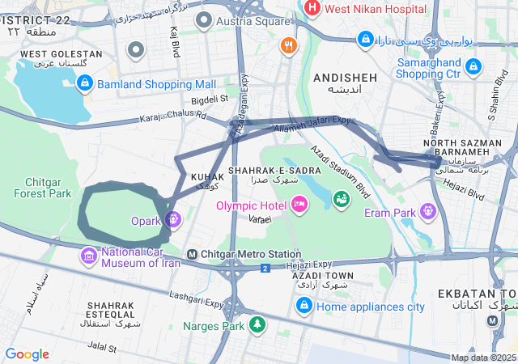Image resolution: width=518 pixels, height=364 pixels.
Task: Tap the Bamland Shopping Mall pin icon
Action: (x=85, y=83)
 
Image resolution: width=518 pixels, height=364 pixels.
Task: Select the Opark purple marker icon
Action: (x=173, y=219)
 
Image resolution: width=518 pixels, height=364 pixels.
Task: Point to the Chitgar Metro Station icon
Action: (x=193, y=254)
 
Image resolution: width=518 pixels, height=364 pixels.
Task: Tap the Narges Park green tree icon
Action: (x=257, y=325)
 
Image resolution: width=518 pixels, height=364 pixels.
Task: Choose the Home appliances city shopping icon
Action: (x=304, y=305)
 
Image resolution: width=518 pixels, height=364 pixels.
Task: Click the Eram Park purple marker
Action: (x=427, y=212)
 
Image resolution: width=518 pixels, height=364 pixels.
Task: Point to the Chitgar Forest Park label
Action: (x=48, y=188)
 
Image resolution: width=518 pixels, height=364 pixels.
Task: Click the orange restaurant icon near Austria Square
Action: (x=287, y=45)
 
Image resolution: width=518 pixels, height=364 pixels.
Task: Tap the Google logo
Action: (x=28, y=353)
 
